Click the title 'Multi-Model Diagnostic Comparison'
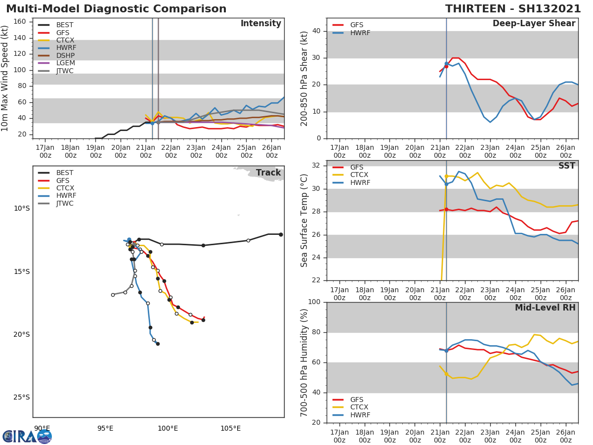[116, 9]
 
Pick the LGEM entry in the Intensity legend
[66, 63]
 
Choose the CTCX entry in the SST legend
[359, 175]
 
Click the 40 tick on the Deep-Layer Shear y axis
[317, 31]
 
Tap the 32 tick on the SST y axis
[317, 166]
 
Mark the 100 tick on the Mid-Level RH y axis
[314, 302]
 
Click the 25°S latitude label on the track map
[21, 397]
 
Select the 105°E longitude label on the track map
[231, 428]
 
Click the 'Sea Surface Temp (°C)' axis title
[304, 221]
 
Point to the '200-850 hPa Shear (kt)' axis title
[304, 78]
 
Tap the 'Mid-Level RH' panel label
[545, 308]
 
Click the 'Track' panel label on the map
[268, 173]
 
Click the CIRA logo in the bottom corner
[27, 437]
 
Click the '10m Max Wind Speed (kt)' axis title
[5, 78]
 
